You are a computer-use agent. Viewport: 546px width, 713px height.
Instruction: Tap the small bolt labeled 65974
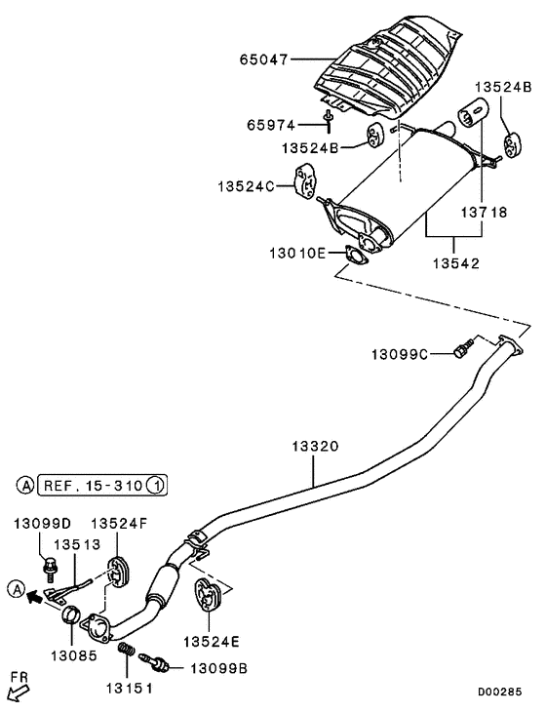[x=330, y=119]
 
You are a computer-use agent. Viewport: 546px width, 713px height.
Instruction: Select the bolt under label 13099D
[x=51, y=563]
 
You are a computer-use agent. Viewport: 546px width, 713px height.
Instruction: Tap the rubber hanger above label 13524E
[x=208, y=594]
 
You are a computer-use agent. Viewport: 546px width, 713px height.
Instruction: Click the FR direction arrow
[x=19, y=692]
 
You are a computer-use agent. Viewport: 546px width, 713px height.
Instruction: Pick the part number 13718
[x=484, y=211]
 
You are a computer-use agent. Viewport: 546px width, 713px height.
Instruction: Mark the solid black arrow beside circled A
[x=37, y=591]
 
